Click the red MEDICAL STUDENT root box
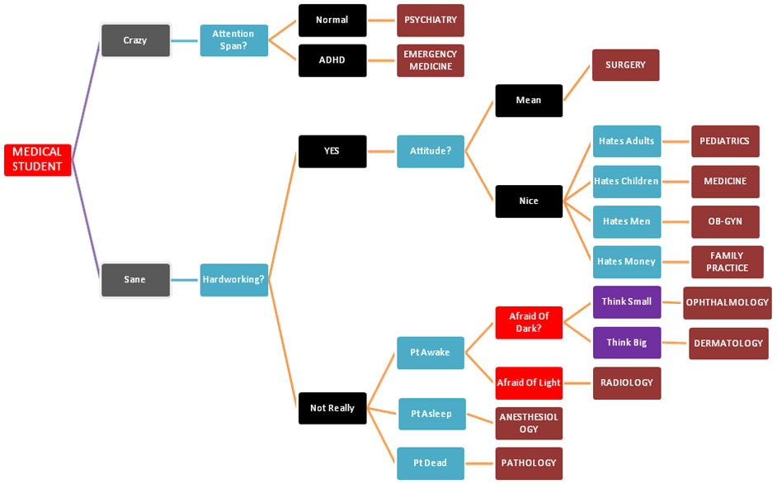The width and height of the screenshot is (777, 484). point(37,159)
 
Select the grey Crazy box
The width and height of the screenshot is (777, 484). point(135,40)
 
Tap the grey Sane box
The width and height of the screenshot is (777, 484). point(135,280)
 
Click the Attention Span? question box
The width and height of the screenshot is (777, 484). point(233,40)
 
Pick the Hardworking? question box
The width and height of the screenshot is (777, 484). point(233,280)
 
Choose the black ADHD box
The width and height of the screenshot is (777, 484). point(332,60)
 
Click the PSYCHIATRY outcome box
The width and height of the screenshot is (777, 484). point(430,20)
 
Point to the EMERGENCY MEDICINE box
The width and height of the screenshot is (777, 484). point(430,60)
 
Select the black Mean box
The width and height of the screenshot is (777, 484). point(529,100)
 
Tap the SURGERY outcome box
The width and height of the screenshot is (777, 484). point(625,64)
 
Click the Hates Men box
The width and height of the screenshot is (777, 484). point(626,221)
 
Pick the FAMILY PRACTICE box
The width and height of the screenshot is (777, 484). point(726,262)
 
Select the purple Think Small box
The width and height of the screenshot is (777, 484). point(626,302)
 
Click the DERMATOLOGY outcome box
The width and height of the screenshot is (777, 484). point(728,343)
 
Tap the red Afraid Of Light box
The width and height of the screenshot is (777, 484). point(529,382)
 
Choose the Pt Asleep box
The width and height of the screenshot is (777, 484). point(431,414)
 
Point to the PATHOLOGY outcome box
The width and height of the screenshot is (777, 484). point(529,463)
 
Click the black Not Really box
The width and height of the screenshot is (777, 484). point(332,408)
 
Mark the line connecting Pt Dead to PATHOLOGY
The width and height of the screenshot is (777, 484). point(480,463)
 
